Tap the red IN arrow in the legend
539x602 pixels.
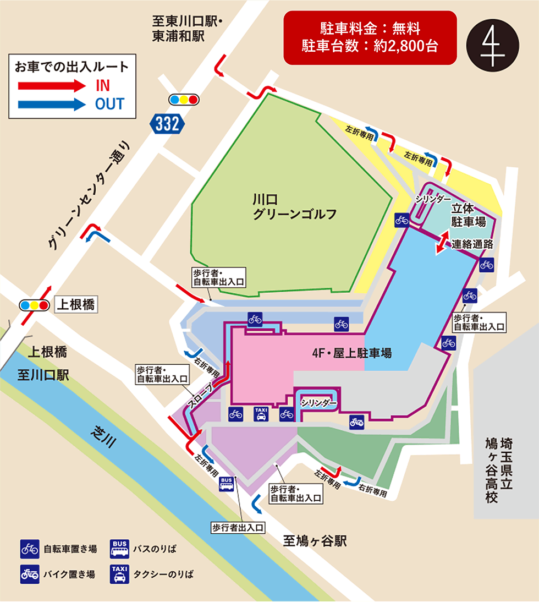50,85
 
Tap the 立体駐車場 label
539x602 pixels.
468,215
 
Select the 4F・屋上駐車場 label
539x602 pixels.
352,353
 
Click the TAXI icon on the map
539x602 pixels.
261,413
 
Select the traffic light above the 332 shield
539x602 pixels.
184,100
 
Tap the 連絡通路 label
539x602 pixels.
472,245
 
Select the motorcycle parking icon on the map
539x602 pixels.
356,423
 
